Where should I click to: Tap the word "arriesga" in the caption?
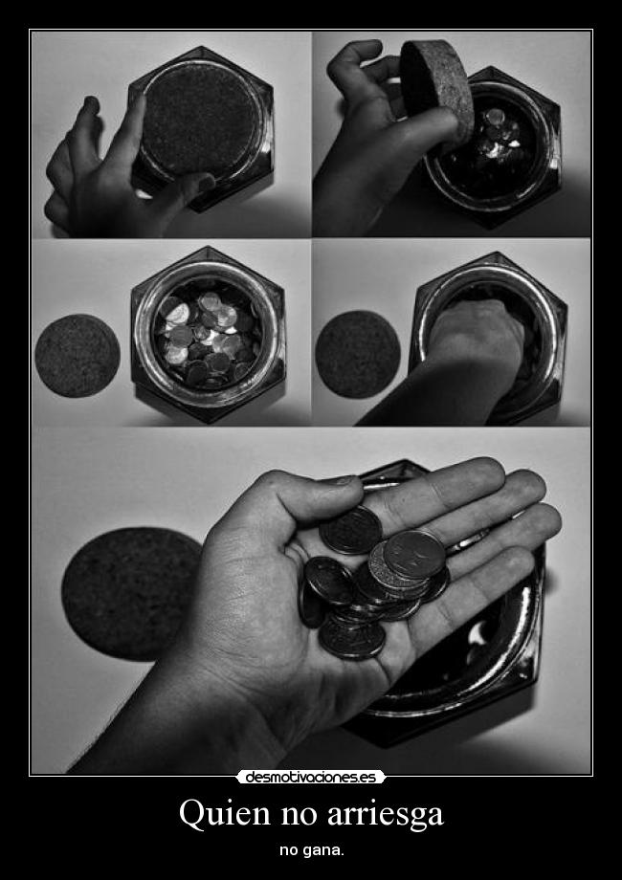tap(386, 815)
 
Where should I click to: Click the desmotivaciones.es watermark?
tap(310, 777)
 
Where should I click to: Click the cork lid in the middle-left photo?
tap(78, 356)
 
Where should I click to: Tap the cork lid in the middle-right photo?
tap(358, 354)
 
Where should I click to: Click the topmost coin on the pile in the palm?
tap(414, 554)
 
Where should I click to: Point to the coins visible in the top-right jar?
tap(498, 135)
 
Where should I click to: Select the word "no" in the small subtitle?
tap(290, 851)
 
